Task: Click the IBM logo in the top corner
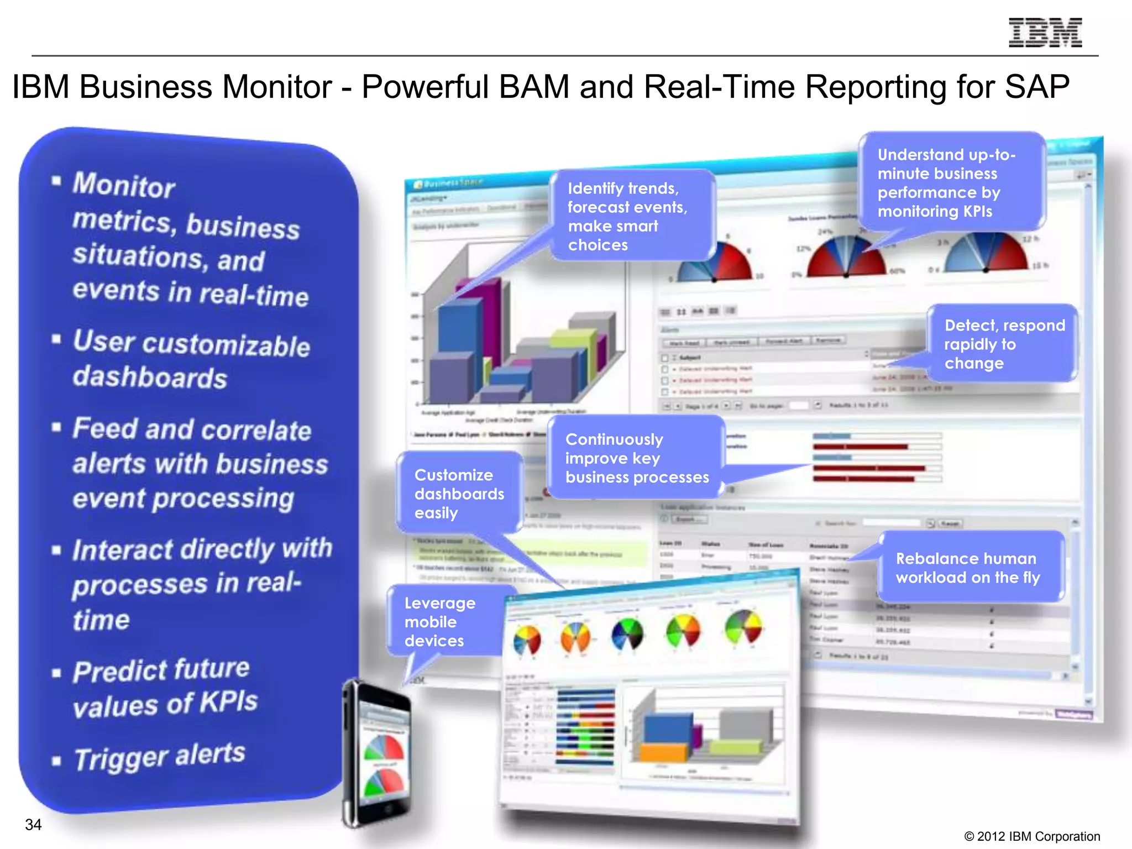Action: (1045, 33)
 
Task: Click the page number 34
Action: (33, 825)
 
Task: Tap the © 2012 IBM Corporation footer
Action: (1031, 836)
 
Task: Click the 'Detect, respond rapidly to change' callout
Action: (1003, 344)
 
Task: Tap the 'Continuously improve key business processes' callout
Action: (636, 458)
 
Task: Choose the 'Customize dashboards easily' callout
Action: (459, 494)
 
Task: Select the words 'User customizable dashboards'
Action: (191, 359)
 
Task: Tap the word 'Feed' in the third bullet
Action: (104, 429)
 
